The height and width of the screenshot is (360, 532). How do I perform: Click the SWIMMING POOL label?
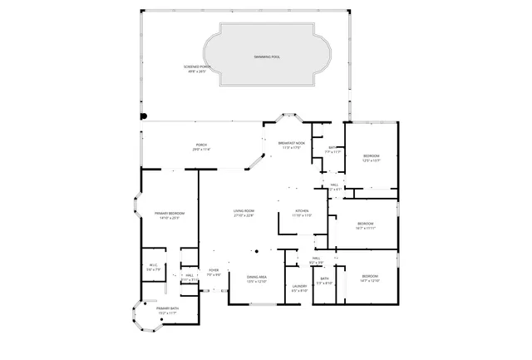click(x=267, y=57)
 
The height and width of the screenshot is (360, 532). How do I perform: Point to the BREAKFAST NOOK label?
click(x=292, y=145)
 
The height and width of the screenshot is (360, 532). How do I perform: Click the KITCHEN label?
click(x=303, y=213)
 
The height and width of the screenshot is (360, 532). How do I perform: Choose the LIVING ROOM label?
click(x=243, y=213)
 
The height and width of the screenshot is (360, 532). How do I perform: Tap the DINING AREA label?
click(x=256, y=279)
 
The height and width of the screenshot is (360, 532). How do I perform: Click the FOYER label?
click(x=214, y=272)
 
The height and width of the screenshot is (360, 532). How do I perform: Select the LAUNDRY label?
click(x=299, y=288)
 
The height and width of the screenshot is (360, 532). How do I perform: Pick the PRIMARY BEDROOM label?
click(x=169, y=215)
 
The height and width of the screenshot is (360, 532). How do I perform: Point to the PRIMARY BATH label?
click(x=167, y=310)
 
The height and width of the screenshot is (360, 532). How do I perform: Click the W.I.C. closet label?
click(x=153, y=268)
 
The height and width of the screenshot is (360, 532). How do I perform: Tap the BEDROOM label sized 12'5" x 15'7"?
click(x=371, y=158)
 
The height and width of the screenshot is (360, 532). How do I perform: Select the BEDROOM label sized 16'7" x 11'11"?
click(x=366, y=224)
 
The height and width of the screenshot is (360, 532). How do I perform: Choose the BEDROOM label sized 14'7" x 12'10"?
click(x=370, y=278)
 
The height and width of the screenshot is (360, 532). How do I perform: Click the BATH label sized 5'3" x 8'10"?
click(x=324, y=280)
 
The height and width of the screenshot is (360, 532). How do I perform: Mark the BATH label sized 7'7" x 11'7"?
click(x=332, y=150)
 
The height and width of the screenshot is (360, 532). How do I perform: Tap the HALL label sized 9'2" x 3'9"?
click(x=318, y=260)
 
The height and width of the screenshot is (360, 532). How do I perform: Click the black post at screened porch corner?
click(x=143, y=116)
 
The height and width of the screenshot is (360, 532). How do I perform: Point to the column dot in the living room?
click(x=258, y=250)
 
